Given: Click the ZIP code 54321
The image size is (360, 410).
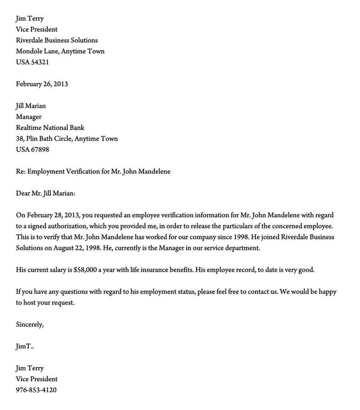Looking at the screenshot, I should pyautogui.click(x=40, y=62).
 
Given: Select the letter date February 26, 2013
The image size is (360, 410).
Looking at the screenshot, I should pyautogui.click(x=42, y=84).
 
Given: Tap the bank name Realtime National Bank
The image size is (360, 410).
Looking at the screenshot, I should pyautogui.click(x=50, y=128).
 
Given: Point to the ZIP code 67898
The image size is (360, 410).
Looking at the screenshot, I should pyautogui.click(x=40, y=150).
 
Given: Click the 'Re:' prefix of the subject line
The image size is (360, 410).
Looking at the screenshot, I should pyautogui.click(x=21, y=171).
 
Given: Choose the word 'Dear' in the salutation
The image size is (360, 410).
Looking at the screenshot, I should pyautogui.click(x=23, y=194).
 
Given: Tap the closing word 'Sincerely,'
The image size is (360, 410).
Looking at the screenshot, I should pyautogui.click(x=30, y=324).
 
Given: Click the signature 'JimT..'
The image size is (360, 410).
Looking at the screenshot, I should pyautogui.click(x=25, y=347).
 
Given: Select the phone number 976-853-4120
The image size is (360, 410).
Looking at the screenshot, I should pyautogui.click(x=36, y=390).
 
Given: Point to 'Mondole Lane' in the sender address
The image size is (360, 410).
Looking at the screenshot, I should pyautogui.click(x=36, y=51).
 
